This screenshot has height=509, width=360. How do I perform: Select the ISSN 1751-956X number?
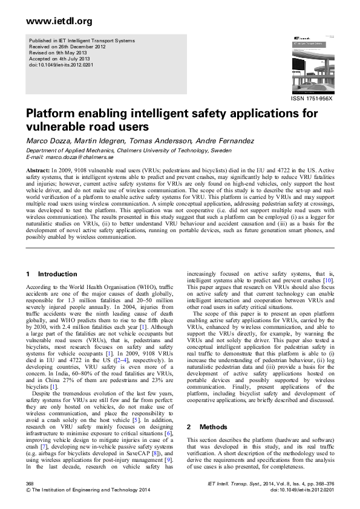tap(312, 99)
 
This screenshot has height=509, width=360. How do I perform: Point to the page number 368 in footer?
tap(30, 485)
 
